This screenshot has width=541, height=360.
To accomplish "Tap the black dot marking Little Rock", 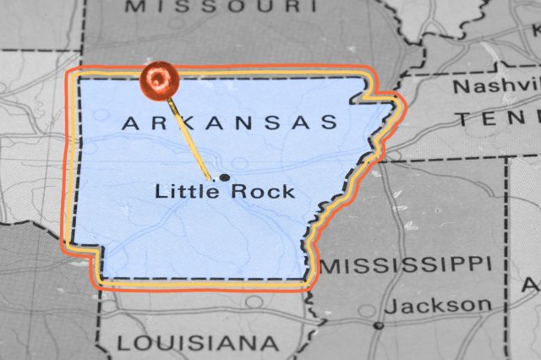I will click(224, 177).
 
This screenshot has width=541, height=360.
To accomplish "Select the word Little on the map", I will click(179, 192).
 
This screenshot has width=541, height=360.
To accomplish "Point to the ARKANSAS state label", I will click(230, 123).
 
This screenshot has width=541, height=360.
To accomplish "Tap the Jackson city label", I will click(445, 305).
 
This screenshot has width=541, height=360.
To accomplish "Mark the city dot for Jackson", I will click(379, 325).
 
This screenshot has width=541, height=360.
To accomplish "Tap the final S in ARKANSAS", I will click(330, 123).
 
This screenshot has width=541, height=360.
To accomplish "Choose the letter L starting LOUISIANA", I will click(123, 344).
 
